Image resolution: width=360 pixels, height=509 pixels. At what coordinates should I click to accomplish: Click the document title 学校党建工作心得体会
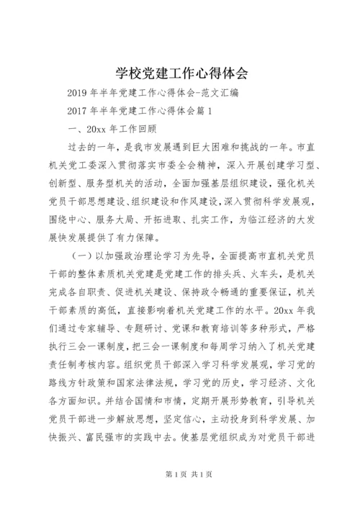180,73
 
